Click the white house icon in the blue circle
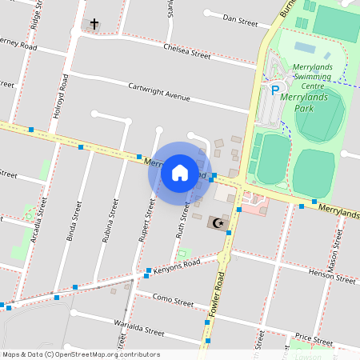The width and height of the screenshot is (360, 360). (180, 172)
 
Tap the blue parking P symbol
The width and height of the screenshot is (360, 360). (274, 91)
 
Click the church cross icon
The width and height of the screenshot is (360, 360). (94, 24)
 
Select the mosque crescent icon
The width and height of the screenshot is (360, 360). (218, 220)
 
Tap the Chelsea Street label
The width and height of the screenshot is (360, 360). (186, 51)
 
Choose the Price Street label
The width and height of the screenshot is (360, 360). (313, 338)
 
